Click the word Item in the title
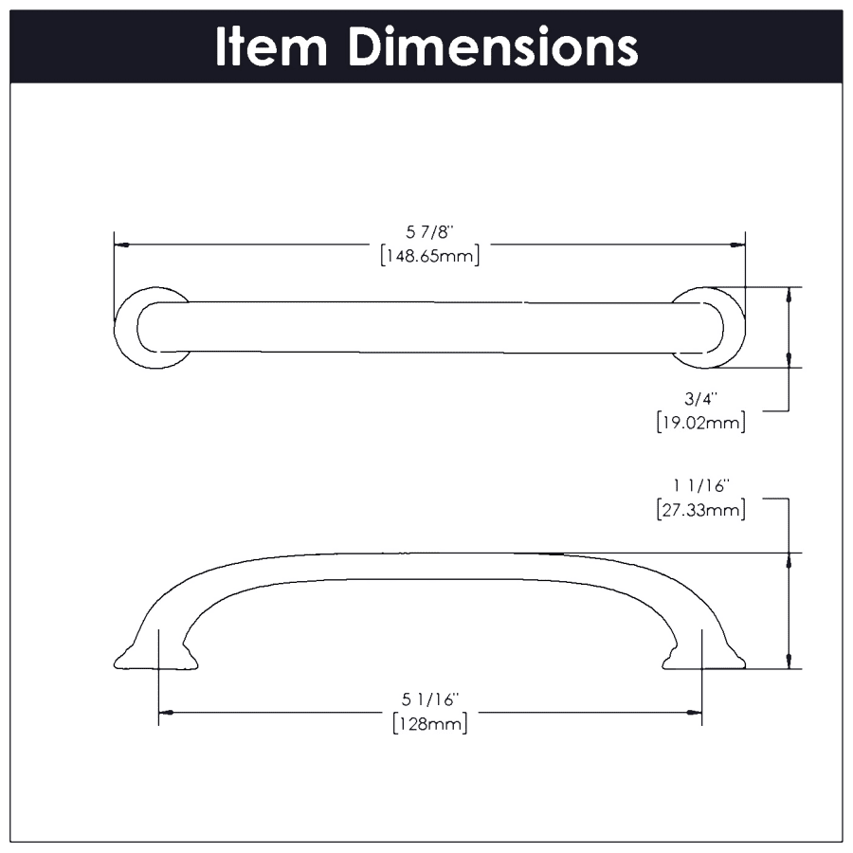(x=271, y=46)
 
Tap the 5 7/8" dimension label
(x=429, y=232)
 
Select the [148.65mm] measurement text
(x=429, y=256)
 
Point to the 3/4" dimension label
(x=700, y=399)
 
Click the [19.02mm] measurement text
(x=700, y=422)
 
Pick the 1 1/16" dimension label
(x=700, y=486)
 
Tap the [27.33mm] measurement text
(x=700, y=510)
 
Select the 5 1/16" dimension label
(x=429, y=699)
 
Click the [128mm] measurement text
(x=429, y=724)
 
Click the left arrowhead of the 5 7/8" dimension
(x=122, y=245)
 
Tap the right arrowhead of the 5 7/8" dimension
(x=737, y=245)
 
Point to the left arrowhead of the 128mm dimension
(x=166, y=712)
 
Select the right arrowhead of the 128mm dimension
(x=694, y=712)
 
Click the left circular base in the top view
(x=153, y=328)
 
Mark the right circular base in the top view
(x=708, y=328)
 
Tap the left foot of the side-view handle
(x=155, y=656)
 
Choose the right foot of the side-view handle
(x=704, y=656)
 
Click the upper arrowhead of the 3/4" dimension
(x=789, y=295)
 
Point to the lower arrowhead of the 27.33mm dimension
(x=789, y=661)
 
